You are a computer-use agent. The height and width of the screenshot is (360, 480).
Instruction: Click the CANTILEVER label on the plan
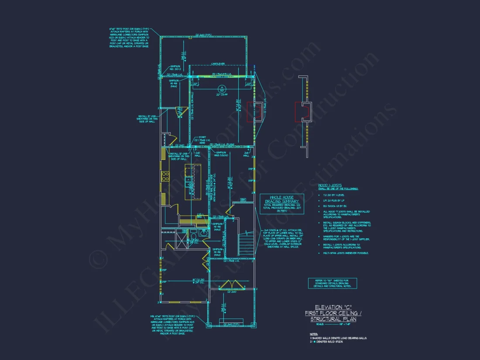pyautogui.click(x=218, y=63)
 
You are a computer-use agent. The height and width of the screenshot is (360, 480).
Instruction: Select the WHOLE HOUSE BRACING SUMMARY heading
pyautogui.click(x=282, y=199)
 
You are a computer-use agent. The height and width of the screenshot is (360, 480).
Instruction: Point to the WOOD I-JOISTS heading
pyautogui.click(x=330, y=185)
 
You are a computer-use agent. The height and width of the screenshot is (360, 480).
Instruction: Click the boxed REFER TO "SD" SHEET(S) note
pyautogui.click(x=332, y=283)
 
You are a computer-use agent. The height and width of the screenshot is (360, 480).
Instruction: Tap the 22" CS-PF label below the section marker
pyautogui.click(x=222, y=94)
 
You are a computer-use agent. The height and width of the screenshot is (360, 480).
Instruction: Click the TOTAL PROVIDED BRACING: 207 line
pyautogui.click(x=282, y=208)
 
